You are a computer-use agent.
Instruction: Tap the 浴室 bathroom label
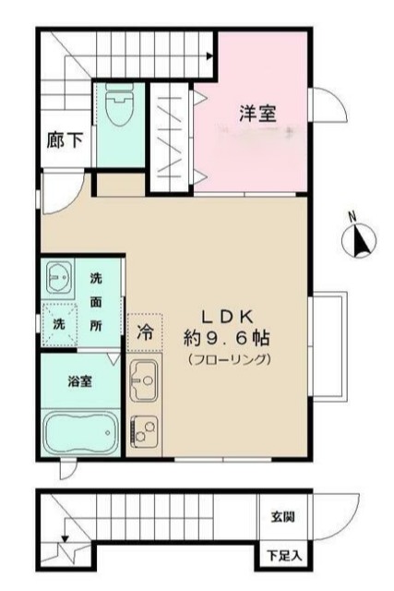coord(78,380)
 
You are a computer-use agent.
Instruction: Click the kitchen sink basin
coord(146,379)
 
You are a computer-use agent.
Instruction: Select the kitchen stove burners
coord(146,428)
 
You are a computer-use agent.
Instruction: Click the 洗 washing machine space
coord(58,324)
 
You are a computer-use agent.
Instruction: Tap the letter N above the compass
coord(352,217)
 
